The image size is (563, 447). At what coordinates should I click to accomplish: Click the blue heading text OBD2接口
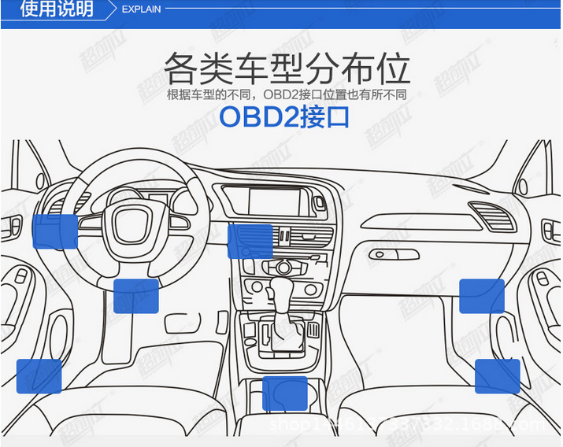(283, 116)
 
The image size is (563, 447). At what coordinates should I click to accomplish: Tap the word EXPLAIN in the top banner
(142, 9)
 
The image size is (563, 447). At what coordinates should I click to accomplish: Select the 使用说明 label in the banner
(56, 9)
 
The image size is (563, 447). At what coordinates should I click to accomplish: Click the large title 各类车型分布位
(287, 69)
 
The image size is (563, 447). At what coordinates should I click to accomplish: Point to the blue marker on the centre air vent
(250, 241)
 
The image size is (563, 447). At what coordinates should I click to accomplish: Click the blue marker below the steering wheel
(136, 296)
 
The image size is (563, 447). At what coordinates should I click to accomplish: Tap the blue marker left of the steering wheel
(55, 231)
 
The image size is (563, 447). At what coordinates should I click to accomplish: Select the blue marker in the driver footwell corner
(39, 376)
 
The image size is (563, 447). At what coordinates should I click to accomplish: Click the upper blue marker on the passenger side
(481, 295)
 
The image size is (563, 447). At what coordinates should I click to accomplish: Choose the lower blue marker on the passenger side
(497, 376)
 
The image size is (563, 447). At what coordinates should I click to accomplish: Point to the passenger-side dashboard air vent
(487, 216)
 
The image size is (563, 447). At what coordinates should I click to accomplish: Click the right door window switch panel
(550, 231)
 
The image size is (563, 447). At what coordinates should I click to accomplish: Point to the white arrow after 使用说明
(109, 9)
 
